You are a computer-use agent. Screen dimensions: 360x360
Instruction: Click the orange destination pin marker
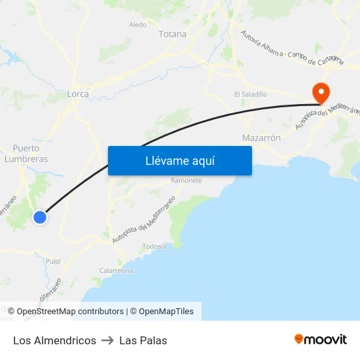pyautogui.click(x=321, y=92)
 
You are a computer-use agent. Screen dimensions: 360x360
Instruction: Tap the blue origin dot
pyautogui.click(x=40, y=217)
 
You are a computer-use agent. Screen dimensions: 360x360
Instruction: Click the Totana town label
pyautogui.click(x=172, y=34)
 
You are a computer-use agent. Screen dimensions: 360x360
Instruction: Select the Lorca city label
pyautogui.click(x=78, y=94)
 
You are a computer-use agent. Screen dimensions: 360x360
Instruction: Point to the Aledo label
pyautogui.click(x=138, y=25)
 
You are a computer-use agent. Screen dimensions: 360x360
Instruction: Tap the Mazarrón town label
pyautogui.click(x=261, y=138)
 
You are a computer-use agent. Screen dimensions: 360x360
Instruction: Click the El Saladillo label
pyautogui.click(x=251, y=94)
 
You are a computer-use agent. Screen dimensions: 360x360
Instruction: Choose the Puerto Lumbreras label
pyautogui.click(x=26, y=153)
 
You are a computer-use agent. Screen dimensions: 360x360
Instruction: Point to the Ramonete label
pyautogui.click(x=186, y=181)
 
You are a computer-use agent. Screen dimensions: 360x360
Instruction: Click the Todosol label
pyautogui.click(x=154, y=246)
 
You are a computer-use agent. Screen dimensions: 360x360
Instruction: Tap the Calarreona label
pyautogui.click(x=116, y=270)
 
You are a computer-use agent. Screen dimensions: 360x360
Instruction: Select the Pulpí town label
pyautogui.click(x=53, y=261)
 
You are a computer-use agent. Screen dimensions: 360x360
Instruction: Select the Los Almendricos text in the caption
pyautogui.click(x=54, y=340)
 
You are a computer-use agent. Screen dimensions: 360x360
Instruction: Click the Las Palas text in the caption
pyautogui.click(x=143, y=340)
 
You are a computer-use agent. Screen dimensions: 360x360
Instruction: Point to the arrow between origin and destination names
pyautogui.click(x=108, y=340)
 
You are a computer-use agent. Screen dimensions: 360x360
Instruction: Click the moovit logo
pyautogui.click(x=321, y=339)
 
